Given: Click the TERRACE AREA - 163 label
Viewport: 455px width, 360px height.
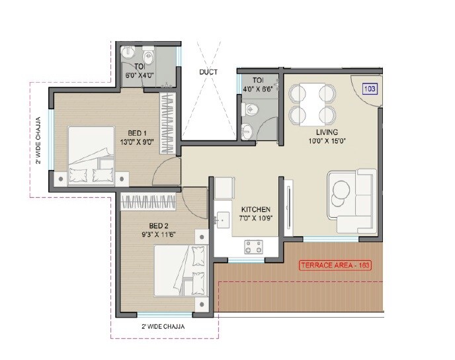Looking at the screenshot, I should (337, 265).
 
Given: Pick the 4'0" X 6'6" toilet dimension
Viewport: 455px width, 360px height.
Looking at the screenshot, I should (257, 88).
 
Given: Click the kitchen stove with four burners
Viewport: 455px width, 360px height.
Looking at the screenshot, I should (253, 247).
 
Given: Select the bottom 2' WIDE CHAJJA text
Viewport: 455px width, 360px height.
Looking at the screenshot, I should (163, 327).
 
